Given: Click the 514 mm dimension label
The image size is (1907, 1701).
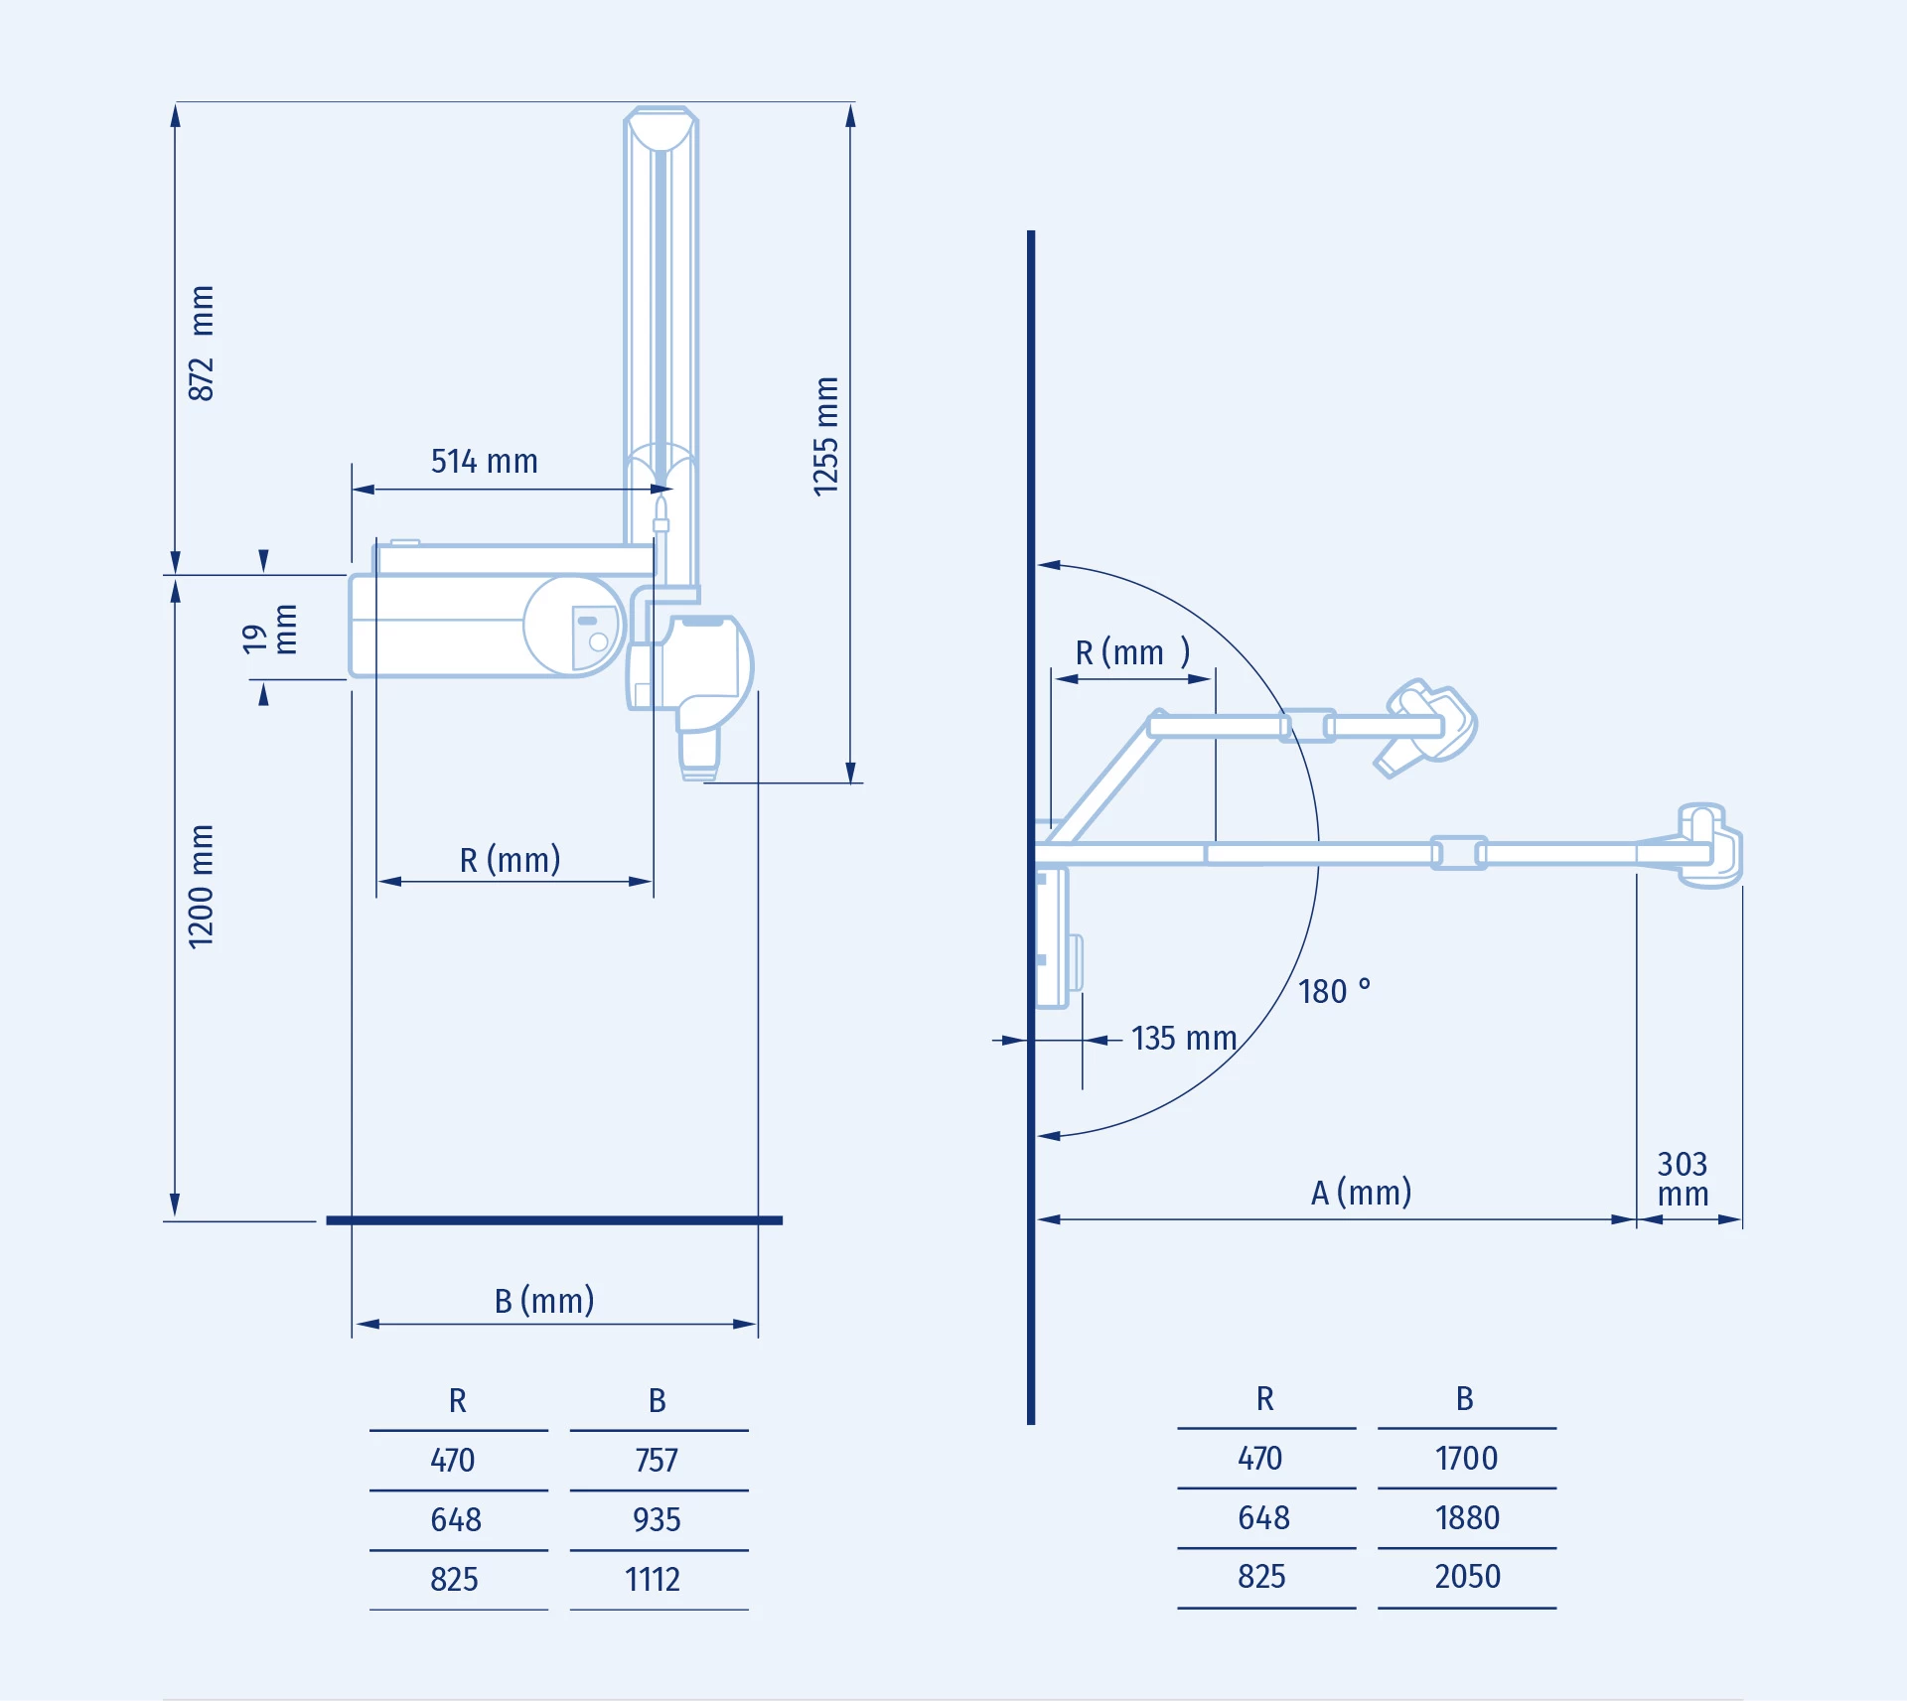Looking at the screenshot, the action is pos(485,462).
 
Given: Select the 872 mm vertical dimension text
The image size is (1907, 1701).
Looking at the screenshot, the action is pos(202,344).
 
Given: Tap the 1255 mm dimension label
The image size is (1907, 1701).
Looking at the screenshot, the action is pos(826,436).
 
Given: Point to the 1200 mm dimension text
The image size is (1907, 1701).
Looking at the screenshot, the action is pos(202,887).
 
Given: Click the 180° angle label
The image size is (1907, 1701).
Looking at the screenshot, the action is pos(1335,991).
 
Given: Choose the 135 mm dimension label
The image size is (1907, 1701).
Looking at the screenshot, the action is pos(1184,1039).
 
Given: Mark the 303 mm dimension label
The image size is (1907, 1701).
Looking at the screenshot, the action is pos(1684,1179).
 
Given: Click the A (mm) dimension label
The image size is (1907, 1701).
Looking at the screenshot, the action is pos(1362,1193).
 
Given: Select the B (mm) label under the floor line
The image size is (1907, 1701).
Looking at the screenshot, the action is pos(544,1301).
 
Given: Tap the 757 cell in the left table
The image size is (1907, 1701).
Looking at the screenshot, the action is pos(657,1461).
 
